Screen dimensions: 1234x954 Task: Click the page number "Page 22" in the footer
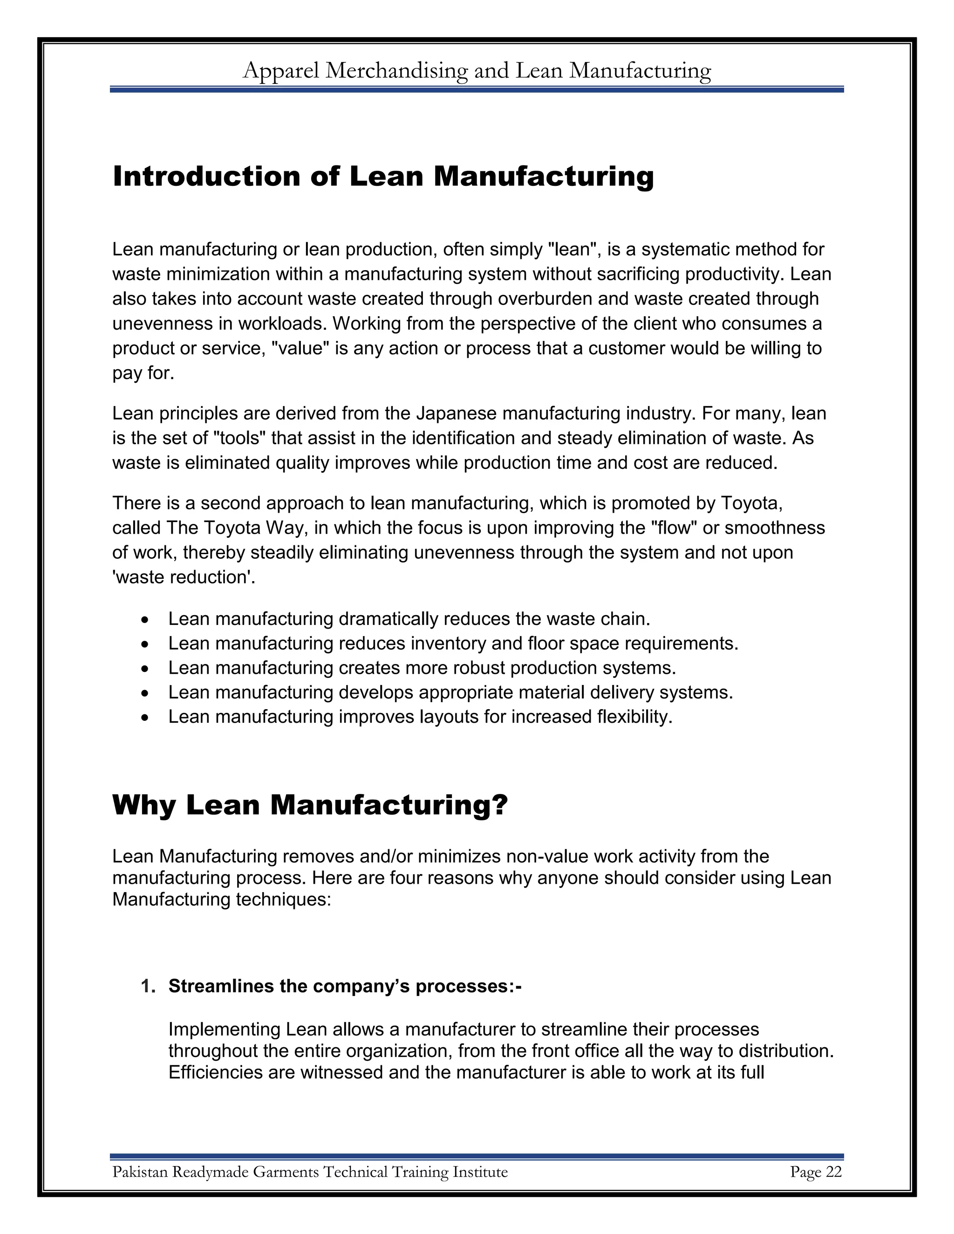tap(816, 1173)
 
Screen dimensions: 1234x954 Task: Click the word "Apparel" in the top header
tap(280, 71)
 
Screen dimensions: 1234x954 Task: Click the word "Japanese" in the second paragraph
tap(456, 414)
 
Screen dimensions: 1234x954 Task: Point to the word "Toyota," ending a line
tap(750, 503)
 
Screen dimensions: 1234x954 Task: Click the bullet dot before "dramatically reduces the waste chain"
tap(145, 620)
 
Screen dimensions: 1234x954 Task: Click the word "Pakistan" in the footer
tap(140, 1173)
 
